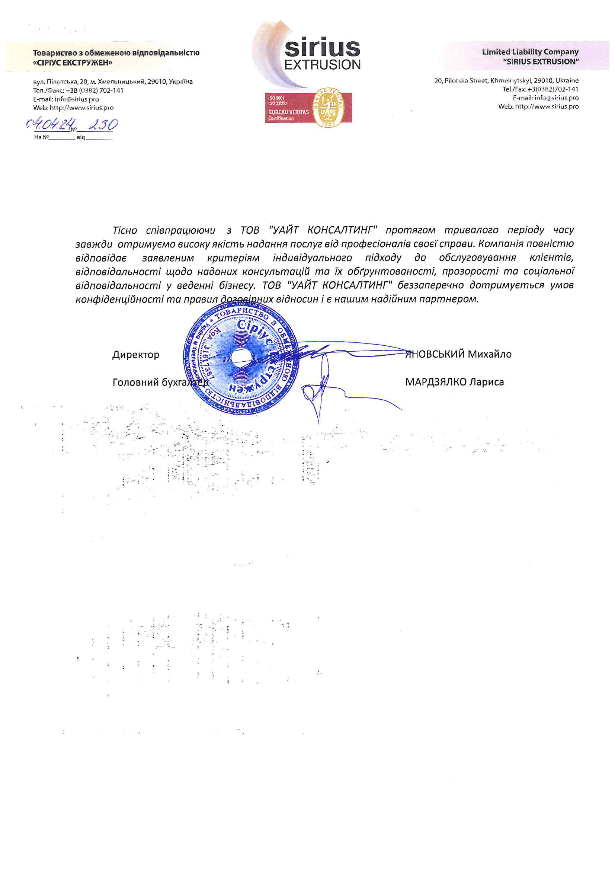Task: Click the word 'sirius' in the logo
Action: tap(322, 48)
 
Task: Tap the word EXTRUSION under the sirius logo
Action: tap(322, 65)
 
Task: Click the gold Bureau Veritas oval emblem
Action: tap(328, 107)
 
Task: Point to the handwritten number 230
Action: tap(103, 124)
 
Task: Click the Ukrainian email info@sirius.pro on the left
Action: tap(77, 99)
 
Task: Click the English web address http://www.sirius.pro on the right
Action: tap(547, 106)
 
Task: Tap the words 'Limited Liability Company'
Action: tap(530, 52)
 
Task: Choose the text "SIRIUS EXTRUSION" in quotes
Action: tap(541, 61)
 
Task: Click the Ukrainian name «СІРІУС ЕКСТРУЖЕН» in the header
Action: tap(73, 63)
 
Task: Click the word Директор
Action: tap(136, 354)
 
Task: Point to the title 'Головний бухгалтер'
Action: tap(160, 382)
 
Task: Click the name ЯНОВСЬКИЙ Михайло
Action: tap(458, 354)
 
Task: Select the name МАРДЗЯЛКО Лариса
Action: tap(454, 381)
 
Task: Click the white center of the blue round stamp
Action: tap(241, 357)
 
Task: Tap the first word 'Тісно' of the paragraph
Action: tap(125, 230)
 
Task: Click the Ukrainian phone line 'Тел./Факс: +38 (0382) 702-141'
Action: tap(78, 90)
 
